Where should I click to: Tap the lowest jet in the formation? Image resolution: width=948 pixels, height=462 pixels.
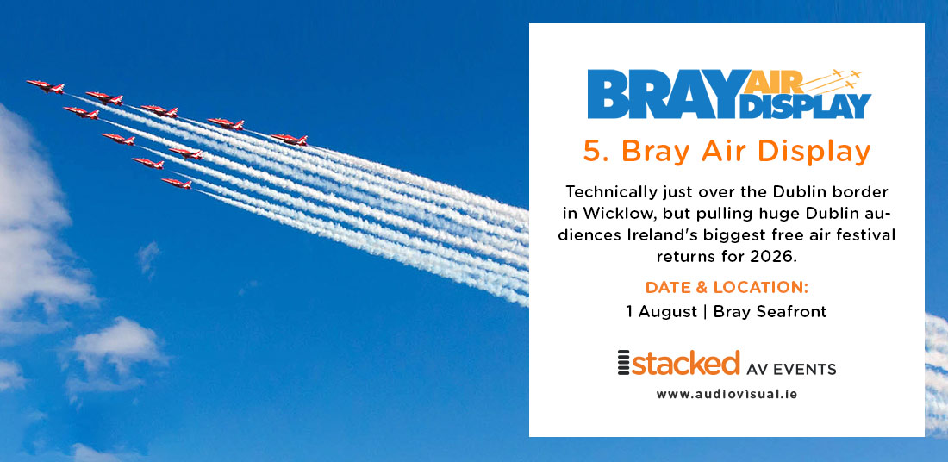176,183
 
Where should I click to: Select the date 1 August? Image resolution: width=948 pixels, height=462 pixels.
662,311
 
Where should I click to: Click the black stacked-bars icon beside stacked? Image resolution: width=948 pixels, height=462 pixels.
624,364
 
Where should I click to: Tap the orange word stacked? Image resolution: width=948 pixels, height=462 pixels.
686,363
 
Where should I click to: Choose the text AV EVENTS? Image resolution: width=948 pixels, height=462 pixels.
792,370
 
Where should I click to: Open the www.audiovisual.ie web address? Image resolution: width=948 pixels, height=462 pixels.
727,394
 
